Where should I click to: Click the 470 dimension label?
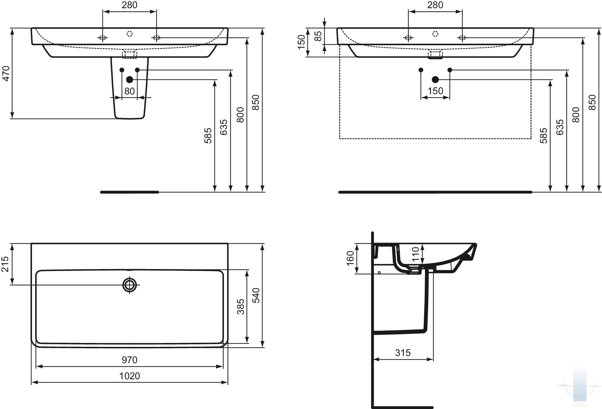pos(7,74)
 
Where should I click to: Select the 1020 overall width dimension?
pos(130,376)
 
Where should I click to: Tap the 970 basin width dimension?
pos(130,360)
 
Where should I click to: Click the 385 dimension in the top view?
pos(241,307)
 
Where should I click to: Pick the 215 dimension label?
pos(6,264)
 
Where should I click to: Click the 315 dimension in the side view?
pos(403,353)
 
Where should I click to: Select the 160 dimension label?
pos(350,258)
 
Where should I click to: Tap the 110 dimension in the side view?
pos(415,254)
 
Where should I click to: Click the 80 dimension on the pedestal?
pos(130,91)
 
